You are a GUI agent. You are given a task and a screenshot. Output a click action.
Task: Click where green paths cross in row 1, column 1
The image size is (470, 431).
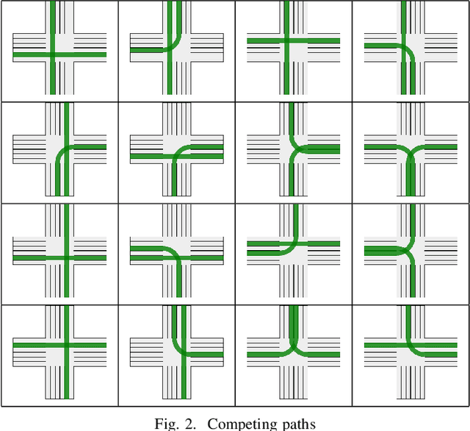53,54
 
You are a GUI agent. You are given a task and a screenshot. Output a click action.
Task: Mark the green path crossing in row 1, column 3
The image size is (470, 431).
286,40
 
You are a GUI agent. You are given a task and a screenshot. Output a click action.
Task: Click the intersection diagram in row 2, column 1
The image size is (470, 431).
59,150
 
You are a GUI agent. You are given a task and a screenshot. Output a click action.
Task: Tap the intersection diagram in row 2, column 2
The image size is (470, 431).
176,150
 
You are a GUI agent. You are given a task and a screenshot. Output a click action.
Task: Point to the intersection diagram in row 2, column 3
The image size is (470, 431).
294,150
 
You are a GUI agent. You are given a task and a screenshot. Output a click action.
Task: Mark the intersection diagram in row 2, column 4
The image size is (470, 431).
411,150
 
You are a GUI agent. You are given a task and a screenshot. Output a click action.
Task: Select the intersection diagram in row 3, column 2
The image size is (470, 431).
176,252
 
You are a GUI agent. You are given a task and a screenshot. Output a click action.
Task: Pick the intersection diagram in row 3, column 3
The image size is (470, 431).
294,252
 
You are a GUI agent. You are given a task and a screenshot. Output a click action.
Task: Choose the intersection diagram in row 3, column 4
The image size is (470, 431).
411,252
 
